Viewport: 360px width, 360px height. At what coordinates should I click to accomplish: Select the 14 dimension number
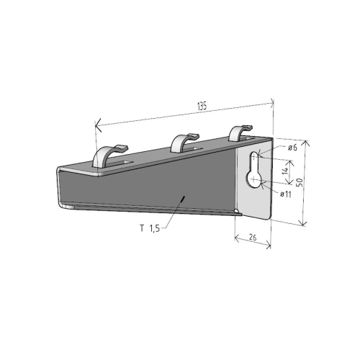(x=285, y=171)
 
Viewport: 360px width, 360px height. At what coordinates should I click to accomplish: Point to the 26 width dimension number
(x=253, y=236)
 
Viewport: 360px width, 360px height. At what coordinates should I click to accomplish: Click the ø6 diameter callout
(x=293, y=148)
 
